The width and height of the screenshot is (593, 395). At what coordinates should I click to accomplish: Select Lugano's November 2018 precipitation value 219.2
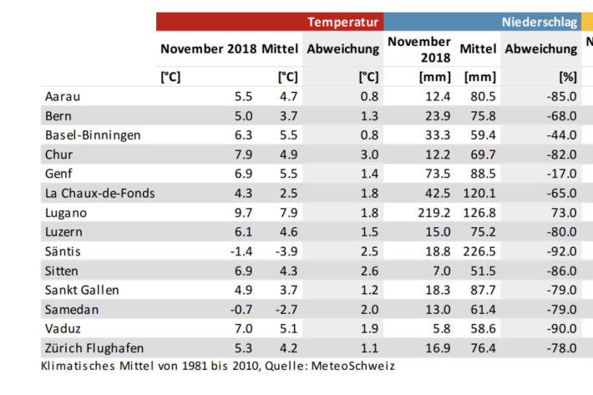coord(433,212)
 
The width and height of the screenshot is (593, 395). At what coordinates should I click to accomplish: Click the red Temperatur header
coord(343,22)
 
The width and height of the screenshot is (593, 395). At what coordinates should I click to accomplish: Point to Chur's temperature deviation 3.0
coord(367,154)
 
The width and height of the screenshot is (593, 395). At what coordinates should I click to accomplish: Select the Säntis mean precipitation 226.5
coord(479,251)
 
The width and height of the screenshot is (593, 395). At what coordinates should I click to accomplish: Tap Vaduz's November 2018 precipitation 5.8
coord(440,328)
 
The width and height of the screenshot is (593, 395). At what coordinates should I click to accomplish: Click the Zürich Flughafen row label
coord(94,347)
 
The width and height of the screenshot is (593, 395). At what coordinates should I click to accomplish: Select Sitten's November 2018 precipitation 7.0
coord(440,271)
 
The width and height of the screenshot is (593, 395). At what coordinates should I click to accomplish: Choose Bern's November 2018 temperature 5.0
coord(242,116)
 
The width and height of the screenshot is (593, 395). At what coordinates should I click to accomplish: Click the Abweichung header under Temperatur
coord(342,49)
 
